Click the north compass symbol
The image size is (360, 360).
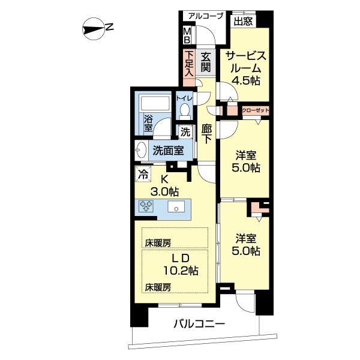pyautogui.click(x=94, y=29)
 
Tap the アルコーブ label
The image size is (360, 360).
pyautogui.click(x=206, y=16)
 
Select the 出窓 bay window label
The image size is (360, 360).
pyautogui.click(x=243, y=22)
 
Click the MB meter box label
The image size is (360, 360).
pyautogui.click(x=187, y=35)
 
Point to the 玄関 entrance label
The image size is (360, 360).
pyautogui.click(x=206, y=62)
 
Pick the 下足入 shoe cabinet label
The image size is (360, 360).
pyautogui.click(x=189, y=64)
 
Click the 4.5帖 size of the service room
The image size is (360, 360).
pyautogui.click(x=246, y=80)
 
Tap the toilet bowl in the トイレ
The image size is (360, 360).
pyautogui.click(x=185, y=110)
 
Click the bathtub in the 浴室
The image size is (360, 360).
pyautogui.click(x=155, y=104)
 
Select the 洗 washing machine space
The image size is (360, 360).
pyautogui.click(x=185, y=132)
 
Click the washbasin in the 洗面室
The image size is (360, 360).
pyautogui.click(x=141, y=151)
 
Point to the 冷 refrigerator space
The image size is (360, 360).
pyautogui.click(x=143, y=174)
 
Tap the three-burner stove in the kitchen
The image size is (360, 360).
pyautogui.click(x=146, y=205)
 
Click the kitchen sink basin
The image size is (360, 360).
pyautogui.click(x=176, y=206)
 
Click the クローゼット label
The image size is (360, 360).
pyautogui.click(x=256, y=110)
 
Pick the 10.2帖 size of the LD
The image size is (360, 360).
pyautogui.click(x=181, y=271)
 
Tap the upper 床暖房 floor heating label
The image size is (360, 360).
pyautogui.click(x=158, y=243)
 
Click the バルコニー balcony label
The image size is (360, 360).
pyautogui.click(x=199, y=324)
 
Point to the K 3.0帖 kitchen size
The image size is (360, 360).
pyautogui.click(x=164, y=186)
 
